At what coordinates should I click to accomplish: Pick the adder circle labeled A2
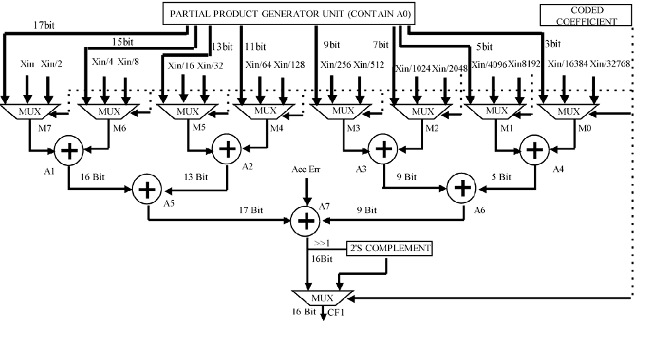click(x=227, y=150)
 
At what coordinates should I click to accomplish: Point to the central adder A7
click(x=305, y=221)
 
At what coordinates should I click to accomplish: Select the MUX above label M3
click(x=337, y=111)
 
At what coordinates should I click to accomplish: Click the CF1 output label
click(x=336, y=311)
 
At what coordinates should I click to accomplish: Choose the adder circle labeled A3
click(x=382, y=150)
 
